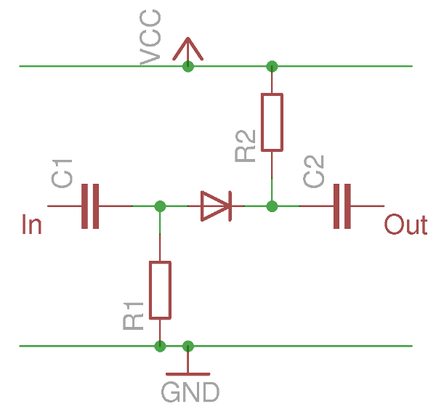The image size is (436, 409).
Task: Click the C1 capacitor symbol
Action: coord(90,206)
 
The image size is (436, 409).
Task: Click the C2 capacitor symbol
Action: coord(342,206)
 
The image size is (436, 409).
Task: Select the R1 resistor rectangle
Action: coord(160,290)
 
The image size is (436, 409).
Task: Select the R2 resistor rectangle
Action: coord(272,122)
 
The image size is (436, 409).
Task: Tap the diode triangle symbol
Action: coord(216,206)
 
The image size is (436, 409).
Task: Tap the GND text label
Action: coord(190,392)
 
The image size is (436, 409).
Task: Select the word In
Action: coord(32,225)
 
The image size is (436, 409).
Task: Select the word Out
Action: coord(405,225)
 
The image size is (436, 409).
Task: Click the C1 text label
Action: coord(62,174)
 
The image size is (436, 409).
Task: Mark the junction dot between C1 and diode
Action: coord(160,206)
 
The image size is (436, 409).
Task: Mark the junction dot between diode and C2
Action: coord(272,206)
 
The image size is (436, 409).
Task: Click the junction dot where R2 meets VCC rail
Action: coord(272,66)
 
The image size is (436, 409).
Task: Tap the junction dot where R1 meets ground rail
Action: coord(160,346)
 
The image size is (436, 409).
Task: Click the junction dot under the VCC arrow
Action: coord(188,66)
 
